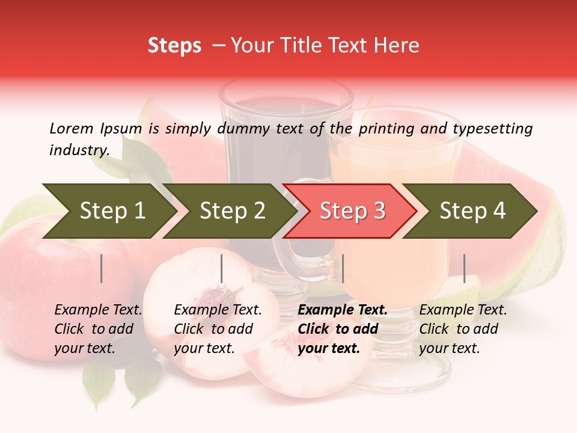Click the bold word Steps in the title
coord(174,46)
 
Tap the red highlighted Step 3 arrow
coord(350,211)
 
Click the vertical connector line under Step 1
coord(102,268)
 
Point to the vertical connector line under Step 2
coord(222,268)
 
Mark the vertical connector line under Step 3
coord(343,268)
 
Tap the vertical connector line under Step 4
coord(465,268)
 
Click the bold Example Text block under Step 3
coord(341,329)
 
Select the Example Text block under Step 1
coord(97,329)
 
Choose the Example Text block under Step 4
coord(462,329)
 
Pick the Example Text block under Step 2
coord(217,329)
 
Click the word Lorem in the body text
coord(72,128)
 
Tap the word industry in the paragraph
coord(79,150)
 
